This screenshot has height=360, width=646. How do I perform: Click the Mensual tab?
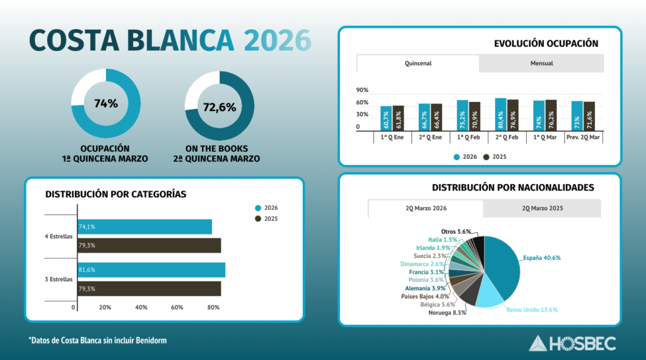click(541, 64)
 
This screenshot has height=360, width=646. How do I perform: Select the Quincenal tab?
click(418, 64)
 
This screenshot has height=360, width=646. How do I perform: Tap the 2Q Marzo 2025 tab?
click(543, 208)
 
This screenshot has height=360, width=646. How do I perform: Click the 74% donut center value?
click(106, 103)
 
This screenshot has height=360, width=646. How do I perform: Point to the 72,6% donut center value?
click(220, 107)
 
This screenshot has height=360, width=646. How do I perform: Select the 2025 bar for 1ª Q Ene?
click(398, 118)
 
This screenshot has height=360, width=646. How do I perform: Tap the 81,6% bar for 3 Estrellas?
click(151, 270)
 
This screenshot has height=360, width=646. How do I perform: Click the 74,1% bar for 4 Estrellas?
click(144, 227)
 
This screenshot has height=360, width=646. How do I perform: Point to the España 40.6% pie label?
click(542, 258)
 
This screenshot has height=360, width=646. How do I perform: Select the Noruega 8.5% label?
click(447, 313)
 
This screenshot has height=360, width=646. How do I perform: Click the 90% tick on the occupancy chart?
click(362, 90)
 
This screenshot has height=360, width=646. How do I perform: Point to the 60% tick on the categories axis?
click(177, 308)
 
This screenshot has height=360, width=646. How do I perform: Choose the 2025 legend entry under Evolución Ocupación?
click(495, 156)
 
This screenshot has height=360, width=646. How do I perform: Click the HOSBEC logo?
click(573, 343)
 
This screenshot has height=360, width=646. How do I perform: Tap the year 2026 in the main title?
click(278, 40)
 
